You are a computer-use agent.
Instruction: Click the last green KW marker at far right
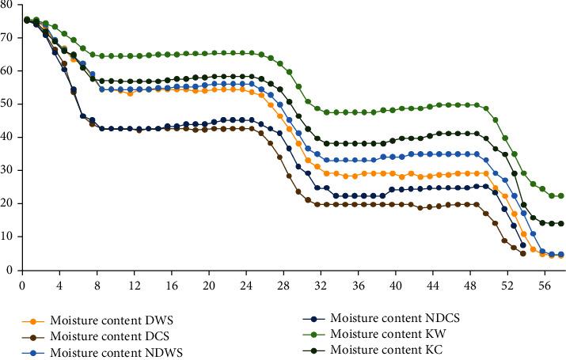[x=560, y=195]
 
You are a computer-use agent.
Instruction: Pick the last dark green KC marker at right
[x=560, y=223]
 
